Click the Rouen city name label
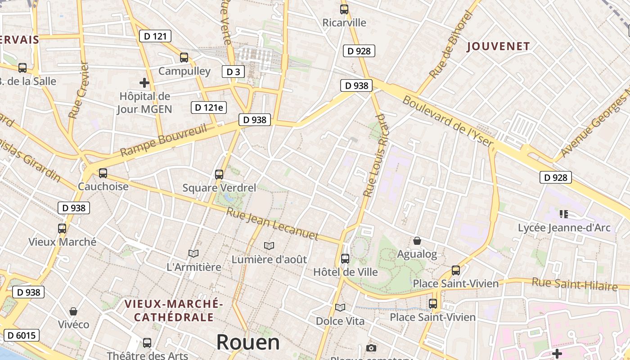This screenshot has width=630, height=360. [x=248, y=342]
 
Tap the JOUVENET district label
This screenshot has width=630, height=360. [x=498, y=46]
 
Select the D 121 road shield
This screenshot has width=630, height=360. [x=155, y=36]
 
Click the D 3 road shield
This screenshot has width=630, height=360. [x=233, y=72]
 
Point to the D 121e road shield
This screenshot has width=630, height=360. [x=208, y=108]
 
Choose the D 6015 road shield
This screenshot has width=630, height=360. [x=22, y=335]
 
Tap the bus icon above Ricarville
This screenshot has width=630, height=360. [x=344, y=9]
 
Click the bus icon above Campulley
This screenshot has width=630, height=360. [x=184, y=58]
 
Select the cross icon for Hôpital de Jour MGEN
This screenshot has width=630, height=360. [x=144, y=83]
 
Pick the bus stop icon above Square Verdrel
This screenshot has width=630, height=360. [x=219, y=175]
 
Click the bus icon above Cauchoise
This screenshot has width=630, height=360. [x=103, y=173]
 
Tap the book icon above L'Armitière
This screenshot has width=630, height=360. [x=193, y=254]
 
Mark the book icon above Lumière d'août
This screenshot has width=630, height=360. [x=269, y=246]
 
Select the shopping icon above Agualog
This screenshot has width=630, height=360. [x=417, y=241]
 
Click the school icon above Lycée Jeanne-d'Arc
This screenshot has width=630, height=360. [x=564, y=214]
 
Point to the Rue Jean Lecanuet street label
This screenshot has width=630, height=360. [x=272, y=224]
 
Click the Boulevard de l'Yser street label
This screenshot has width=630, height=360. [x=448, y=122]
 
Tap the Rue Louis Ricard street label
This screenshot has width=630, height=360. [x=376, y=155]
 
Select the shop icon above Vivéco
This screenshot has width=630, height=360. [x=73, y=311]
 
